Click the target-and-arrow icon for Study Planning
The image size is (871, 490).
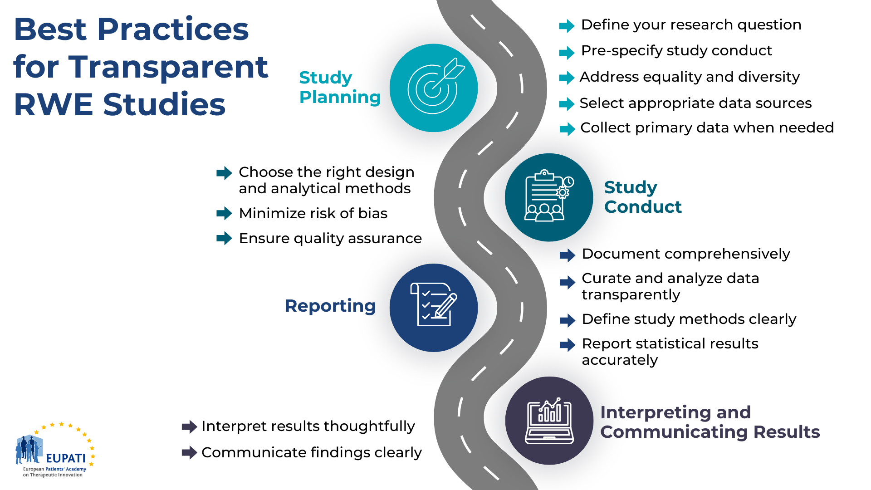[x=435, y=86]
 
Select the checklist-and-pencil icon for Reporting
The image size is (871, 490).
[x=434, y=304]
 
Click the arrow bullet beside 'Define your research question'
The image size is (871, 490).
[x=567, y=26]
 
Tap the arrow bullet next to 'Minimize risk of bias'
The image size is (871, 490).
[x=224, y=213]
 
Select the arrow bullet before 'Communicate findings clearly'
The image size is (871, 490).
[x=189, y=452]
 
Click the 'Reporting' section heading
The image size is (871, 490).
[x=330, y=306]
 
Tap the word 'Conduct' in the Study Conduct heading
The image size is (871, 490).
[x=643, y=207]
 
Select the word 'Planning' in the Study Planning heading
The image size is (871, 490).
[x=340, y=98]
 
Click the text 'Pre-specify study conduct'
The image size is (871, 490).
[x=676, y=50]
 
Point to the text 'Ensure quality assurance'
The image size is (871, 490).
[x=330, y=238]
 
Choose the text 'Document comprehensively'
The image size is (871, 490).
[x=686, y=254]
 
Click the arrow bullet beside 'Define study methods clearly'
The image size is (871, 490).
[x=568, y=320]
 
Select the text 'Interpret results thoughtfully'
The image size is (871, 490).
[x=308, y=426]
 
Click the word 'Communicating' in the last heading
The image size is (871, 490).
[x=674, y=432]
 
